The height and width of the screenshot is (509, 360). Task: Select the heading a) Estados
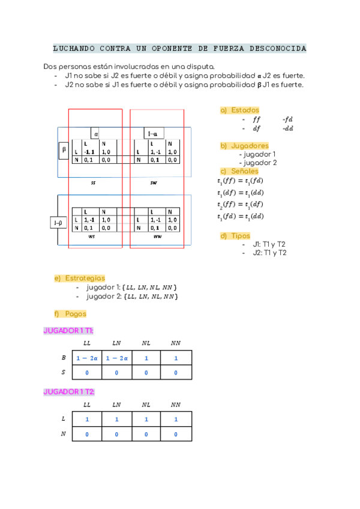pos(240,110)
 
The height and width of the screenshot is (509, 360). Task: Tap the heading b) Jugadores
pos(245,146)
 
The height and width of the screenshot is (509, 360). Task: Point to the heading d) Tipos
pos(236,236)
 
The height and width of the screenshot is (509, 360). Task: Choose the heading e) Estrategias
pos(80,278)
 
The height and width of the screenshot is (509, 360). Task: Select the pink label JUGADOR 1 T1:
pos(68,331)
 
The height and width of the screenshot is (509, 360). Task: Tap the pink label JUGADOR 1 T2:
pos(68,392)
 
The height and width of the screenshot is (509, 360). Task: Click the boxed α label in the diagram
pos(97,134)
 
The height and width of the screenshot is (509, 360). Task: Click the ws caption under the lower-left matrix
pos(92,236)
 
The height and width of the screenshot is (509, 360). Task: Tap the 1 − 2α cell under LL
pos(86,358)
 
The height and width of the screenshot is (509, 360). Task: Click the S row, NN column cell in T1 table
pos(176,373)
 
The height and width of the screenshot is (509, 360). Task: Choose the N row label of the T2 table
pos(64,434)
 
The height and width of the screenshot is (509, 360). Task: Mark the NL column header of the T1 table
pos(146,343)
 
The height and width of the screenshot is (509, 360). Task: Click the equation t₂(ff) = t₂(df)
pos(240,205)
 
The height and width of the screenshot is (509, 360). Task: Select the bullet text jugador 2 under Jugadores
pos(259,163)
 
